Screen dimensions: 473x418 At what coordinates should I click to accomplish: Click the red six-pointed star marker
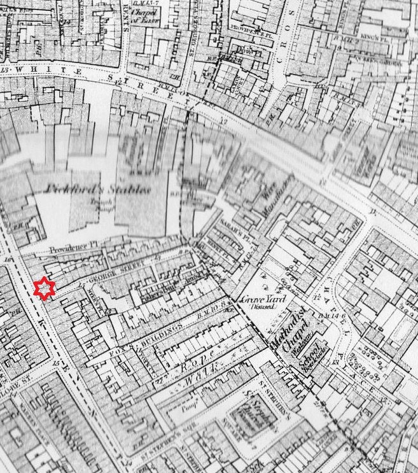[x=45, y=289]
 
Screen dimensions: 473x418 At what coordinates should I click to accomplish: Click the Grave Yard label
[x=262, y=299]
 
